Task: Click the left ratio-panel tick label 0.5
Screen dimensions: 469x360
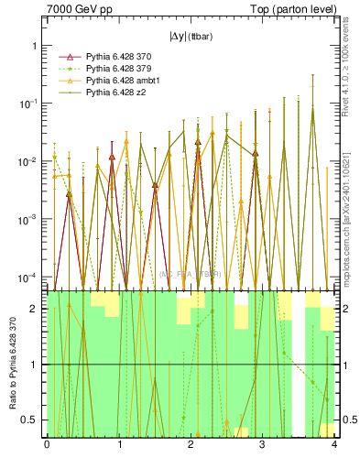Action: point(31,420)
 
